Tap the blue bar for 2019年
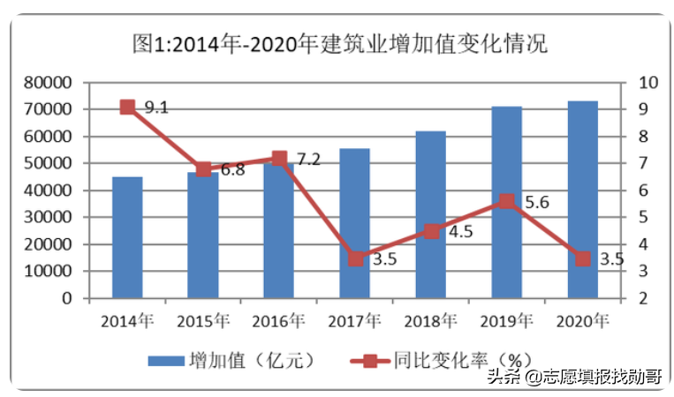(x=507, y=202)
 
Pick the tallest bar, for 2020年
(x=583, y=198)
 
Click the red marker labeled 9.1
(x=127, y=108)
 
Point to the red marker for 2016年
(x=279, y=159)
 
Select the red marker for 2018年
(x=431, y=232)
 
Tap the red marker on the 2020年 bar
(x=583, y=258)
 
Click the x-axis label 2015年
(x=203, y=319)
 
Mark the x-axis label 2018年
(x=431, y=319)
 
